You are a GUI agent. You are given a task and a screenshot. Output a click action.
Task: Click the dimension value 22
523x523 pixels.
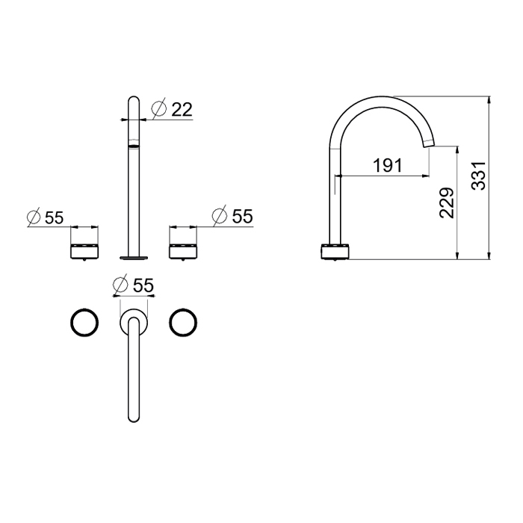point(182,110)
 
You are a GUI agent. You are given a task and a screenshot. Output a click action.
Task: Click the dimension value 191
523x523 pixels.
point(388,165)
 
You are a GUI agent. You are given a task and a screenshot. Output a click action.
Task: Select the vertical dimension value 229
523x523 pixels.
point(447,203)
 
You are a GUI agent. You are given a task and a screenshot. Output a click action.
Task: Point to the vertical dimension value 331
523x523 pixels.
point(478,176)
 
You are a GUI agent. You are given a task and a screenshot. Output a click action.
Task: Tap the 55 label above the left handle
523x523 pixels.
point(54,218)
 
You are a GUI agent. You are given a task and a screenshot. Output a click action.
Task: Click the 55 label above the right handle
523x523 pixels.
point(243,216)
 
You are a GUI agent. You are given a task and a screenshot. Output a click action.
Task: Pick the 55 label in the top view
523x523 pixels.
point(143,285)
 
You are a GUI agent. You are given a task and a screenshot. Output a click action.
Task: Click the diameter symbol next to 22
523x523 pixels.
point(158,108)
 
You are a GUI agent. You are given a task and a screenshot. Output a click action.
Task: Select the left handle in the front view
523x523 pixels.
point(84,252)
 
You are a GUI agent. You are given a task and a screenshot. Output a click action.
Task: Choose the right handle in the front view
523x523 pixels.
point(183,252)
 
